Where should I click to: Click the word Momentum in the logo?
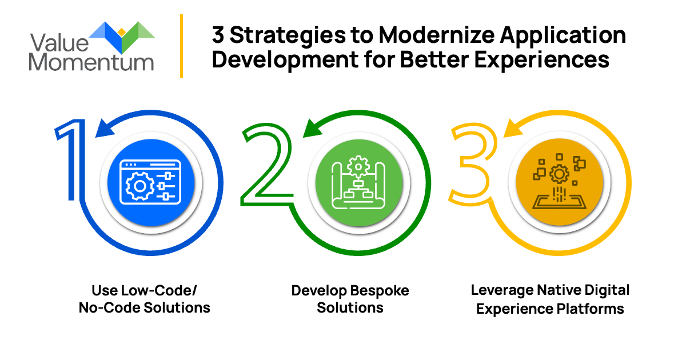(x=91, y=62)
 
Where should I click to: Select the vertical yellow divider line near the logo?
(x=181, y=46)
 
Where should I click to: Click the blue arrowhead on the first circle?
(x=105, y=128)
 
